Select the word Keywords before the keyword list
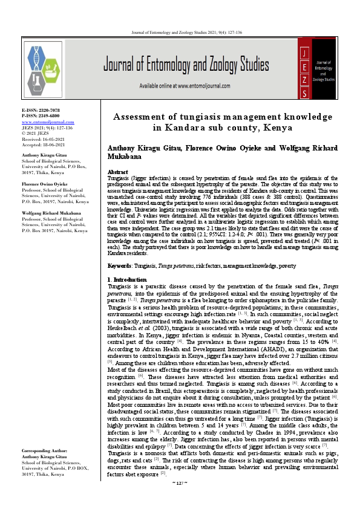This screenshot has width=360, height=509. coord(119,266)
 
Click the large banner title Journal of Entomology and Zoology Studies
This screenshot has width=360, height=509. coord(186,65)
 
